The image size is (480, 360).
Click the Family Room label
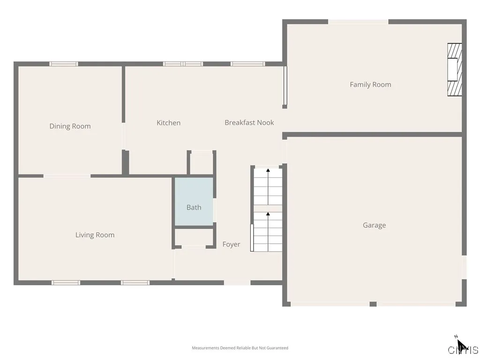coord(370,85)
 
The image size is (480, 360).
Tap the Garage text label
coord(374,225)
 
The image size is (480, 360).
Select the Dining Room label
coord(70,126)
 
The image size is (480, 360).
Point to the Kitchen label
coord(168,123)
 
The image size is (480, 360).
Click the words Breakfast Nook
coord(249,123)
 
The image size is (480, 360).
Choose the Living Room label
coord(95,235)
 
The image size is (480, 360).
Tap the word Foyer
coord(231,244)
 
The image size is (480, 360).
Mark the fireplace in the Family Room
coord(454,70)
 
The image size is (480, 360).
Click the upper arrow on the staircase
coord(268,171)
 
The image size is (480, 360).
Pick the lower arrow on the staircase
coord(268,215)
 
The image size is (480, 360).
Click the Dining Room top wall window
coord(64,64)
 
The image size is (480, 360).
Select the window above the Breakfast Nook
coord(247,64)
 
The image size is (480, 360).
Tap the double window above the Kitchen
coord(183,64)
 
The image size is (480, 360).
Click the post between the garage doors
coord(373,304)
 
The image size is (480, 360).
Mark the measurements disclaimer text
coord(240,348)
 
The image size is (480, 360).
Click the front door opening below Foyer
coord(237,283)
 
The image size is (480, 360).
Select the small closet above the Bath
coord(202,163)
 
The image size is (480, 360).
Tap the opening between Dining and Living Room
coord(67,176)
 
